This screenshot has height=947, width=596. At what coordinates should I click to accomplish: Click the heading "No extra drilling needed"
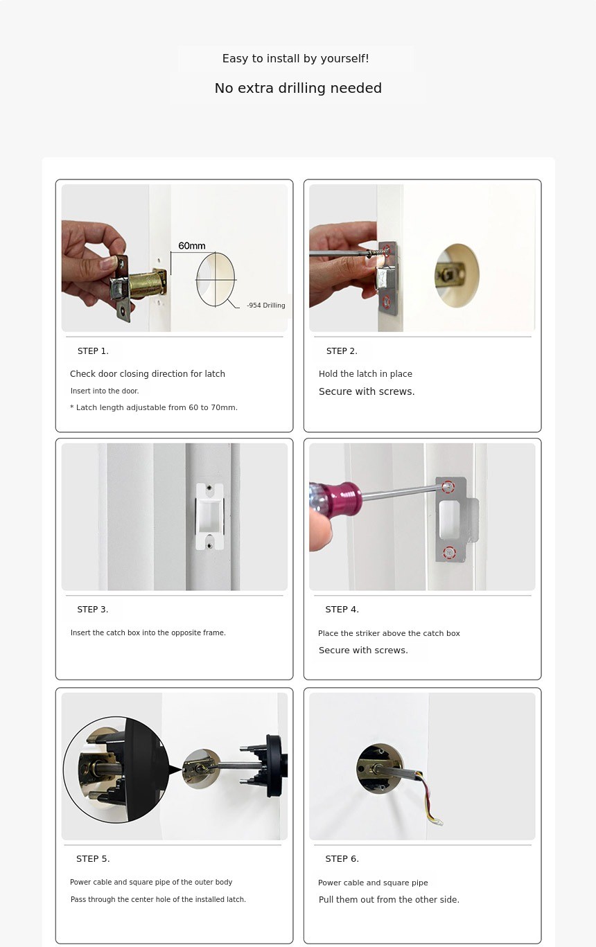click(298, 88)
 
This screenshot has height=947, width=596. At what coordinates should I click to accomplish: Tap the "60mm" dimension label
click(191, 246)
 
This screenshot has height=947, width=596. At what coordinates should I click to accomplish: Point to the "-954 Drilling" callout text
click(265, 306)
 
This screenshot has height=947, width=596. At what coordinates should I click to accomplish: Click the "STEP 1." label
click(93, 351)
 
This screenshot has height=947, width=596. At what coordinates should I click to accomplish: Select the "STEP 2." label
click(342, 351)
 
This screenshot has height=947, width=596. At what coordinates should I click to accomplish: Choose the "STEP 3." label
click(93, 609)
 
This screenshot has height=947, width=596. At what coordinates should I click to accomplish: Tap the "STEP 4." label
click(342, 609)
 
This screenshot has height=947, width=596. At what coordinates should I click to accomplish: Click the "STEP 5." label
click(93, 858)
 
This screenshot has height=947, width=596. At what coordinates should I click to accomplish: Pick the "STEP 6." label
click(342, 858)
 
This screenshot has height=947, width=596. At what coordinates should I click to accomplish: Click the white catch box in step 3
click(209, 517)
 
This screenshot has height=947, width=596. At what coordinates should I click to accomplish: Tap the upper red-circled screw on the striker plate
click(448, 486)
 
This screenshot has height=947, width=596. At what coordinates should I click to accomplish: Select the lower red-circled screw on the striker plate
click(449, 553)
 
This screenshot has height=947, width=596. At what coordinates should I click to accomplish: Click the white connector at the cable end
click(439, 822)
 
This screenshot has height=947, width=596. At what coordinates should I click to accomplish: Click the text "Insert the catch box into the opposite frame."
click(148, 632)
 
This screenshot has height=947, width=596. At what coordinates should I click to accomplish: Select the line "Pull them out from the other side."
click(389, 899)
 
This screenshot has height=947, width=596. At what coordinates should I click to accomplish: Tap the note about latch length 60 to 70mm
click(154, 407)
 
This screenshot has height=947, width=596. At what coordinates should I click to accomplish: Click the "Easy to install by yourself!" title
click(296, 58)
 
